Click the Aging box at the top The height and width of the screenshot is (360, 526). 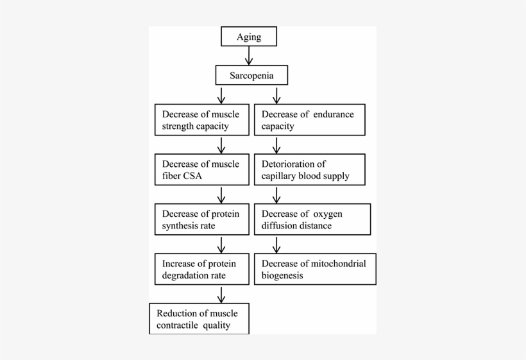(x=249, y=37)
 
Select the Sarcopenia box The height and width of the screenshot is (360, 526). (x=251, y=76)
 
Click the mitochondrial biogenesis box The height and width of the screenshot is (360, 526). (x=315, y=269)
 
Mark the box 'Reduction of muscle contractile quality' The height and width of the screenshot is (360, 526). (x=199, y=319)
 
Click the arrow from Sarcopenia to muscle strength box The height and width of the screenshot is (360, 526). (x=221, y=95)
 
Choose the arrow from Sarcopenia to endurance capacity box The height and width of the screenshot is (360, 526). (x=276, y=95)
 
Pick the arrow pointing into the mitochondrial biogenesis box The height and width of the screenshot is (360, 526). (x=276, y=244)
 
